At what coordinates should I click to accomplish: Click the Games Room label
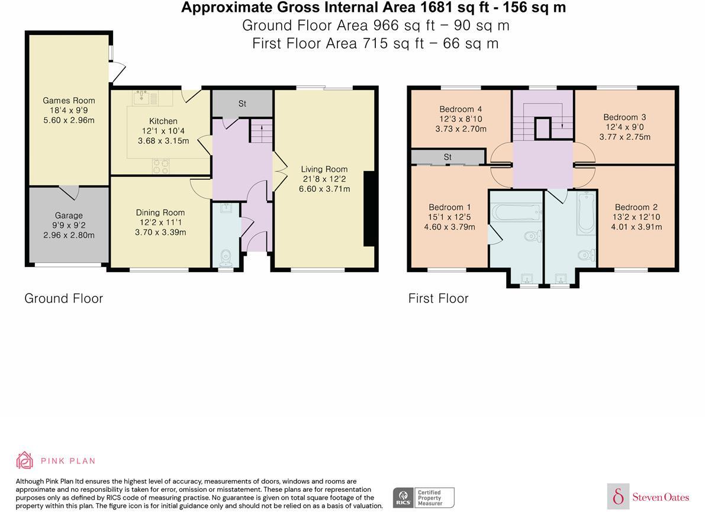(69, 101)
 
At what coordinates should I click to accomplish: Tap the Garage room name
(69, 216)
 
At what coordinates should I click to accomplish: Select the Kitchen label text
(163, 121)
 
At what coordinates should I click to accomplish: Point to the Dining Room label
(160, 212)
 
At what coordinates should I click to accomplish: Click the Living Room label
(324, 169)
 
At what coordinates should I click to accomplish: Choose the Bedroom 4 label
(461, 110)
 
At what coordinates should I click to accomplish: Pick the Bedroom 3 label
(625, 117)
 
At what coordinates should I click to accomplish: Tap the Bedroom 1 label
(450, 207)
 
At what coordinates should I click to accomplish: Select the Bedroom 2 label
(636, 207)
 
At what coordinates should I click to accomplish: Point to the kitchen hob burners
(161, 166)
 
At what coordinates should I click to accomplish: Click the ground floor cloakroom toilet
(226, 259)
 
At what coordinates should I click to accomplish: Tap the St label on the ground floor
(242, 104)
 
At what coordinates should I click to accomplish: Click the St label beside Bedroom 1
(448, 157)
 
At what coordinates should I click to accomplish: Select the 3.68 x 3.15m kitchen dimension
(163, 141)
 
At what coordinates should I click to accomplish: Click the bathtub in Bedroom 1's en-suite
(516, 212)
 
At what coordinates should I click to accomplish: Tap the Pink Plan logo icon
(25, 461)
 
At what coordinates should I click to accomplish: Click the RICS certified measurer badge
(424, 498)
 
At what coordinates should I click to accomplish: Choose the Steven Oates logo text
(661, 497)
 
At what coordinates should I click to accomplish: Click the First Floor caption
(439, 298)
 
